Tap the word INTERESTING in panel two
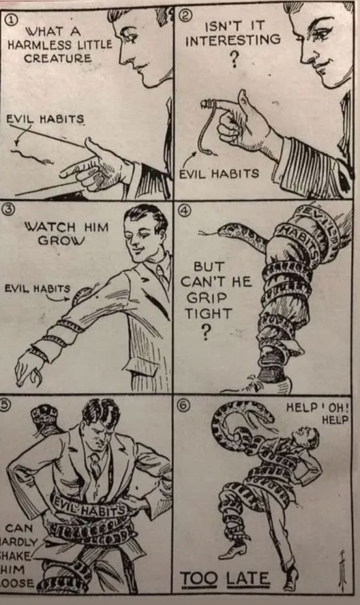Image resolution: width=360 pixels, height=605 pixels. pos(233,40)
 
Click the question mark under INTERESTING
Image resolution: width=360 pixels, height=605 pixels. pos(234,59)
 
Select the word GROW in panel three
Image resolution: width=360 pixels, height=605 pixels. pos(60,240)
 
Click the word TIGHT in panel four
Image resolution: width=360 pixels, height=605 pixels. pos(208,313)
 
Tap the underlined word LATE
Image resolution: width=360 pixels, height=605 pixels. pos(248,578)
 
